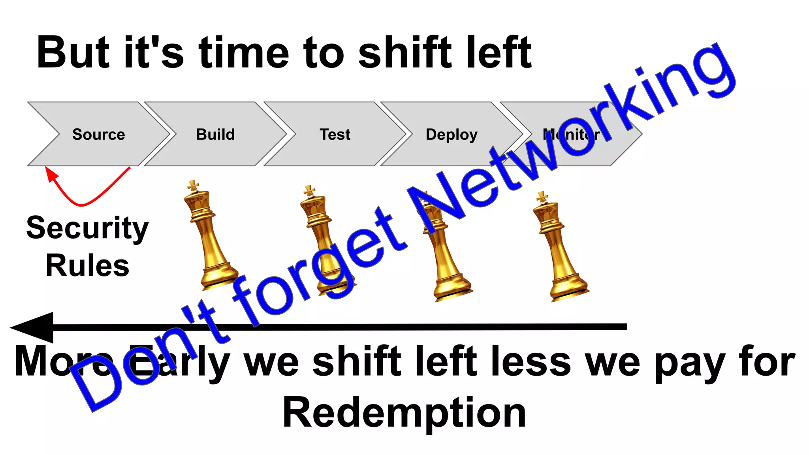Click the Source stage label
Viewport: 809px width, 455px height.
(99, 135)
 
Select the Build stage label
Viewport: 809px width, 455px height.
(215, 135)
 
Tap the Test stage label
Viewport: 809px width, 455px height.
(335, 135)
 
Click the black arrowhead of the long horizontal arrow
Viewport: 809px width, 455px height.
(34, 327)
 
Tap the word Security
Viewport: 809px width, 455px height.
(87, 229)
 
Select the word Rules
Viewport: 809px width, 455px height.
(87, 265)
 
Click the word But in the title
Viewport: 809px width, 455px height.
(73, 53)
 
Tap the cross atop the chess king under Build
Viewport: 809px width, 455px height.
(193, 186)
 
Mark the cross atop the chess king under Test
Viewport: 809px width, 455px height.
(309, 191)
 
